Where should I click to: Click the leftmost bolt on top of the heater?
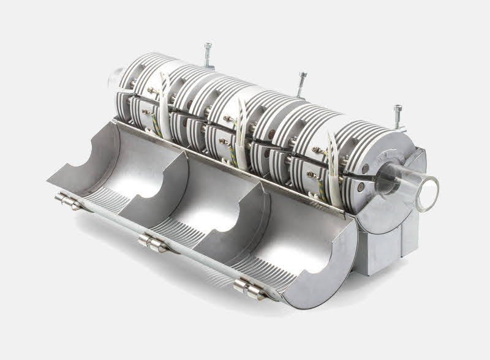pos(208,51)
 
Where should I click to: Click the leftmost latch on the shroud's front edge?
pos(67,200)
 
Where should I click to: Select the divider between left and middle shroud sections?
pos(156,178)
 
